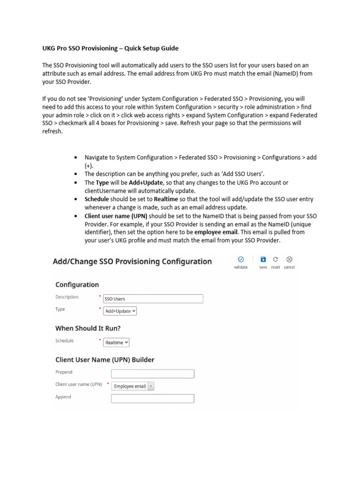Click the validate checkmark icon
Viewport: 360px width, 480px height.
pos(240,259)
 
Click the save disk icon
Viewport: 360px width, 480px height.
pos(263,259)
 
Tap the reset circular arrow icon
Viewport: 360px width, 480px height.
pos(276,259)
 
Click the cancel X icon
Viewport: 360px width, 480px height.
pos(289,259)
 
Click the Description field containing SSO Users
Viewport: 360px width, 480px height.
pos(153,299)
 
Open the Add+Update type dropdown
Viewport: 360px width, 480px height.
pos(120,311)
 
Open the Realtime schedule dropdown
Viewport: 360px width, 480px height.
pos(116,343)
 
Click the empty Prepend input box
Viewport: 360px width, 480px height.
pos(152,374)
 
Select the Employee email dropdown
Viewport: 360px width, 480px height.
pos(133,386)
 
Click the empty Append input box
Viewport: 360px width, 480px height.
pos(152,398)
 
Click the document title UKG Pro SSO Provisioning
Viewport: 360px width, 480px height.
pos(110,48)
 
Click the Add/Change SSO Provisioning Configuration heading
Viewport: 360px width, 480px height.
pos(132,262)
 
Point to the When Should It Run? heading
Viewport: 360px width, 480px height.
pos(91,328)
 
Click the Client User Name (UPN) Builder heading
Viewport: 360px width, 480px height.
pos(105,360)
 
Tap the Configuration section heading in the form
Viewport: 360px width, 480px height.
pos(77,285)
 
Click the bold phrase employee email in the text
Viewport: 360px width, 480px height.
pos(216,232)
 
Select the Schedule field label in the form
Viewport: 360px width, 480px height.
pos(65,341)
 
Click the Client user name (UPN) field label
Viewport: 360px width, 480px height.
pos(78,384)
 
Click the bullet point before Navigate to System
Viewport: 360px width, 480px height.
pos(76,158)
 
